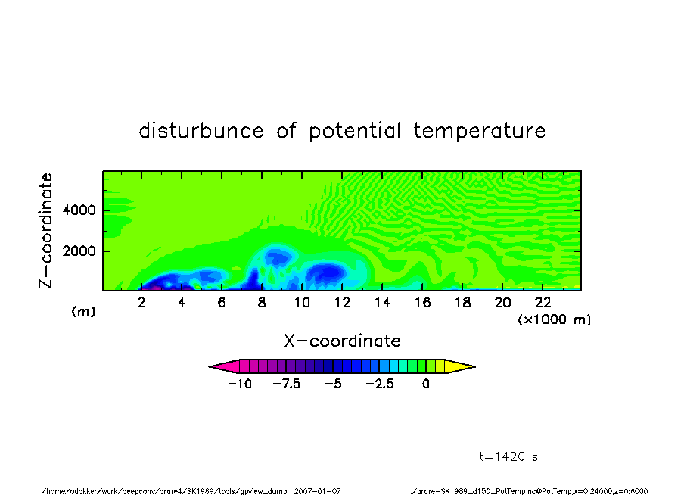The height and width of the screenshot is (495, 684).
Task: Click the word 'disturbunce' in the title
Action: tap(201, 130)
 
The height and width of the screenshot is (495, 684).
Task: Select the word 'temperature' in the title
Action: tap(480, 131)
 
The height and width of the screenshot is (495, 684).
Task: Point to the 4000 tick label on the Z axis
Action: tap(79, 210)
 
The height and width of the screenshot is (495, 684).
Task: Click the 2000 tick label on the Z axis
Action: tap(79, 251)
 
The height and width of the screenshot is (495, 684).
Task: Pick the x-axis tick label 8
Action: tap(262, 303)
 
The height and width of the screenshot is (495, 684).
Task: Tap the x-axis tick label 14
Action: tap(382, 303)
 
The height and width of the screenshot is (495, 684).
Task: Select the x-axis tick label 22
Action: tap(543, 303)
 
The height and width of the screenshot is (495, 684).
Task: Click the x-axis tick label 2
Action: tap(141, 303)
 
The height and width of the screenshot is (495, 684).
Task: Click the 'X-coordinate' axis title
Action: tap(342, 341)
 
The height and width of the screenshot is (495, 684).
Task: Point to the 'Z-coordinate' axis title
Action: tap(45, 231)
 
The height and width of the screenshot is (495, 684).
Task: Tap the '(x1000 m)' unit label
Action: tap(554, 319)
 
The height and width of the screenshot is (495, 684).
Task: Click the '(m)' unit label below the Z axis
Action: tap(83, 311)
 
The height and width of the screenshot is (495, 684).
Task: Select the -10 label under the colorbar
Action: tap(240, 384)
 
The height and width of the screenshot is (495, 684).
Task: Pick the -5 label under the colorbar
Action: tap(333, 384)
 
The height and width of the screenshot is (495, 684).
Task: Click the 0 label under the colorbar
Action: tap(426, 384)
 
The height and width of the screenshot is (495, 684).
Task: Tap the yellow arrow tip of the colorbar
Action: tap(475, 366)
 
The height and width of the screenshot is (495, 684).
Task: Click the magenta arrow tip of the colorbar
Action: tap(210, 366)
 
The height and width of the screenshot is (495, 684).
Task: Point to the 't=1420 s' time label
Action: tap(508, 456)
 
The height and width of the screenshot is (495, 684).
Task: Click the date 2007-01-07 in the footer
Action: tap(317, 491)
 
